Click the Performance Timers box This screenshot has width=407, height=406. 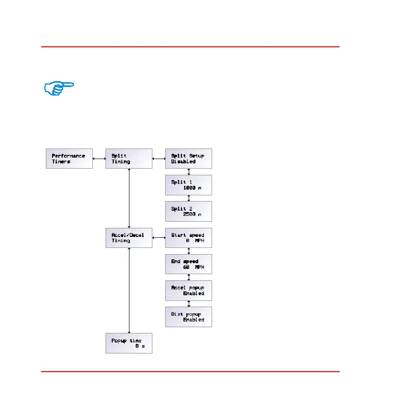69,159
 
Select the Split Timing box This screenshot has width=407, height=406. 129,159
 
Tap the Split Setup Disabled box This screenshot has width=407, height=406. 188,159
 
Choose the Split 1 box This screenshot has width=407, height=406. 188,185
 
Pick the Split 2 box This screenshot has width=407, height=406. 188,211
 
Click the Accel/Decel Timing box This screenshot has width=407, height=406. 129,238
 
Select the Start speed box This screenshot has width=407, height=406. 188,238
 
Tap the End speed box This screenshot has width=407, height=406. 188,264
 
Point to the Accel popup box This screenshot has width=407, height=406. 188,290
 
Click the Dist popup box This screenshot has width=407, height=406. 188,317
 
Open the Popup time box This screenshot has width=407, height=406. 129,343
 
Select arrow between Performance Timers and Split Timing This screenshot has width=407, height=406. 99,159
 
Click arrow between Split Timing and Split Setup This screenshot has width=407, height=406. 159,159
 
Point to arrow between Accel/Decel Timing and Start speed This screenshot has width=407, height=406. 159,238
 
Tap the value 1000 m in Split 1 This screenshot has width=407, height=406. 192,188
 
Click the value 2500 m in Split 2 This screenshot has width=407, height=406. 192,214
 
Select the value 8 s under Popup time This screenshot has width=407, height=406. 140,346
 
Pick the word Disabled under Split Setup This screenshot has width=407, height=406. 183,161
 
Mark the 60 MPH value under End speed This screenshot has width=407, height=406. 193,267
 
